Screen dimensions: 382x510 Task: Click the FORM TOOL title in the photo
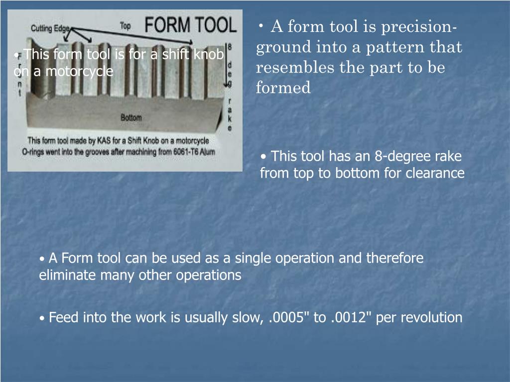(190, 24)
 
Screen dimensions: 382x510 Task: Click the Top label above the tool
(126, 26)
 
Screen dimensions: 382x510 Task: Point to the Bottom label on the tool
(131, 118)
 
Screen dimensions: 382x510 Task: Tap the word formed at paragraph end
(283, 88)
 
